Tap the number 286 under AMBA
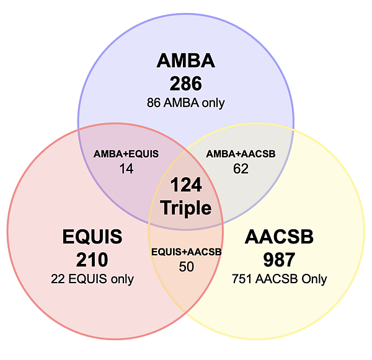(186, 84)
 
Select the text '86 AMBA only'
(186, 103)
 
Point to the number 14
(126, 168)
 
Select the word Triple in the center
(186, 208)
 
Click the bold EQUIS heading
(92, 237)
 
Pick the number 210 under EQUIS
(92, 259)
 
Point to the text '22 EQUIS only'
(92, 279)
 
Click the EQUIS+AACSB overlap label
(187, 252)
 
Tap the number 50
(186, 266)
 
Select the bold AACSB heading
(279, 237)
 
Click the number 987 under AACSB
(279, 259)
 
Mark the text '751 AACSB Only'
(279, 279)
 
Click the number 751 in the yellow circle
(242, 279)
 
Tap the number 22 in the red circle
(58, 279)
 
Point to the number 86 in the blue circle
(154, 103)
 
